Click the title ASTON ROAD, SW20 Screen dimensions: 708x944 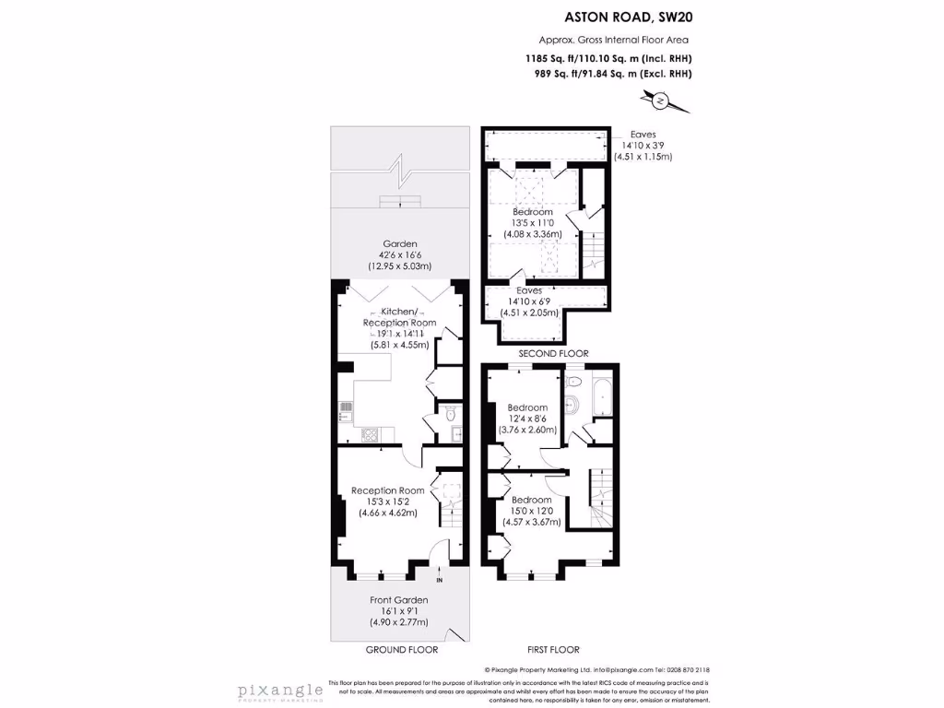(x=628, y=16)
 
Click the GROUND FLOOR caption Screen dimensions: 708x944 (x=401, y=649)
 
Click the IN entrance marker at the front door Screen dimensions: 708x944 (x=439, y=581)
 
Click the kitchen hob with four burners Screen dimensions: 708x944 (x=368, y=434)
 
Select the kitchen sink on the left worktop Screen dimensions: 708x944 (x=345, y=410)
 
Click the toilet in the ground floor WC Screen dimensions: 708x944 (x=449, y=415)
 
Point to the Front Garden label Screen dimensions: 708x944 (x=400, y=600)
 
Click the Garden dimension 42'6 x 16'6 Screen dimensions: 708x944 (x=400, y=255)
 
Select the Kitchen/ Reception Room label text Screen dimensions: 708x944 (x=399, y=318)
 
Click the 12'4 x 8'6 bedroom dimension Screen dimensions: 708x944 (x=527, y=419)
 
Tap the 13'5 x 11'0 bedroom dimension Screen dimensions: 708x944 (x=532, y=222)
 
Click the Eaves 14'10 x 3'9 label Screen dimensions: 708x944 (x=643, y=145)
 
